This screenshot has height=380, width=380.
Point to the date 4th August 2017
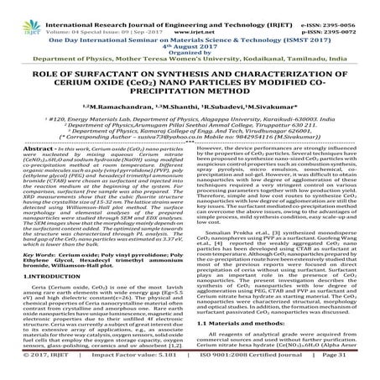pos(190,33)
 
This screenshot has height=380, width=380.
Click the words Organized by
pos(190,40)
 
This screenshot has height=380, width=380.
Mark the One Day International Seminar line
pos(190,24)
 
